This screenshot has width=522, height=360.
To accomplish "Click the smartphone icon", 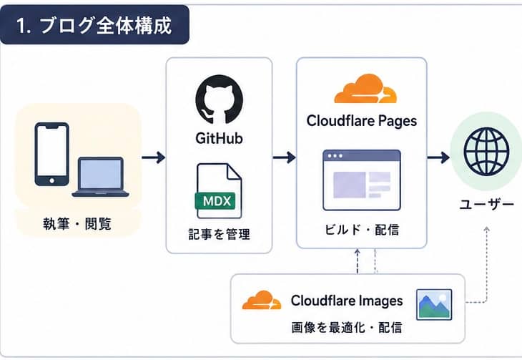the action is click(x=52, y=154).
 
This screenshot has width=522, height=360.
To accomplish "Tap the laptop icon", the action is click(x=101, y=177).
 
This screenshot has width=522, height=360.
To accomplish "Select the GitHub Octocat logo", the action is click(x=219, y=99).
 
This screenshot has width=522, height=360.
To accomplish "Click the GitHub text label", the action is click(x=219, y=138).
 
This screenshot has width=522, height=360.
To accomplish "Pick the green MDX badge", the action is click(x=215, y=201).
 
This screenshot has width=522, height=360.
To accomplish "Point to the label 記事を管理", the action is click(x=219, y=234).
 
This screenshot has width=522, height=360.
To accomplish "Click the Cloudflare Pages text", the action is click(x=362, y=121).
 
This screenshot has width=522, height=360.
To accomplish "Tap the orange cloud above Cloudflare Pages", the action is click(x=365, y=89).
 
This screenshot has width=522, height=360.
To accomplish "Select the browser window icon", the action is click(x=362, y=180).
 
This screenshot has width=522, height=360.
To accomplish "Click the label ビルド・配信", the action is click(x=362, y=230).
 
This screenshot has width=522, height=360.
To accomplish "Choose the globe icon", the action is click(x=486, y=152).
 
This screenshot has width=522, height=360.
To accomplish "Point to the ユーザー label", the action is click(x=487, y=204).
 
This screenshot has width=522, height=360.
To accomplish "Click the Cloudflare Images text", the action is click(x=347, y=301).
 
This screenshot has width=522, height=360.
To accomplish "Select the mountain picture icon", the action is click(x=434, y=304).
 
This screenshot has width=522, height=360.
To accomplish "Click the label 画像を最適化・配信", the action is click(x=347, y=327).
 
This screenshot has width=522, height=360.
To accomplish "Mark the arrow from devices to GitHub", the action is click(x=154, y=157).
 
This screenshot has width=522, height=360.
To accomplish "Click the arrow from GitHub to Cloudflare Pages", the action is click(x=285, y=157).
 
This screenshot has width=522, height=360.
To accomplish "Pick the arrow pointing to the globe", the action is click(x=438, y=157).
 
